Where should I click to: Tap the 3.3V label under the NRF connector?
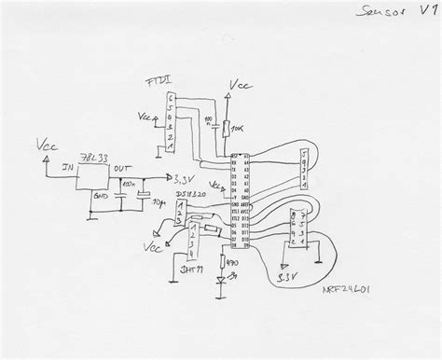(289, 276)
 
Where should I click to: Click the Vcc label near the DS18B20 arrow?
(147, 248)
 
